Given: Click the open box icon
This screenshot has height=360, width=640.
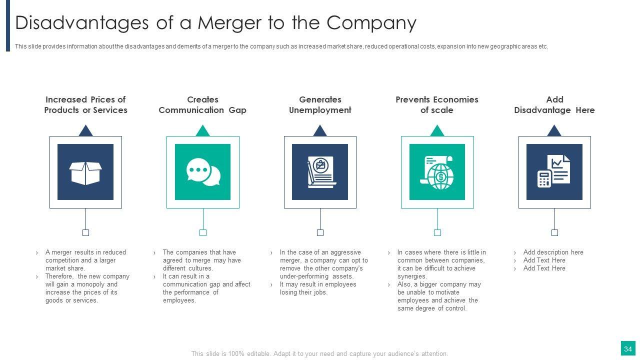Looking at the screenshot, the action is point(85,172).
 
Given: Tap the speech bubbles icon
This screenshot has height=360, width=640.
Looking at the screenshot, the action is point(203,172).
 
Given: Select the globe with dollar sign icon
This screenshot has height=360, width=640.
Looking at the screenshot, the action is point(437,172).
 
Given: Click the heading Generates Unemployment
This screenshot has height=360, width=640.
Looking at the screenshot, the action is point(320,104).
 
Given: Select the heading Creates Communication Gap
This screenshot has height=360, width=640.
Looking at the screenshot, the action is point(202,104).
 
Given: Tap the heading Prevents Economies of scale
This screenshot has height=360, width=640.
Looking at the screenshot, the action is point(437,104).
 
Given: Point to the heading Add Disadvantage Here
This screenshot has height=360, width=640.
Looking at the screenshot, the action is point(554,104).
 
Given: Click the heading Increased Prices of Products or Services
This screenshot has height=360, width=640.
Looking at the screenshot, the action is point(85,104).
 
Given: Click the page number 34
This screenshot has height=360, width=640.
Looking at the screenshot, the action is point(628,348).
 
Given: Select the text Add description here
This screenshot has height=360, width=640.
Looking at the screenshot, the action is point(553,252).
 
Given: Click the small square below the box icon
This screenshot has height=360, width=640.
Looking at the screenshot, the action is point(85,232).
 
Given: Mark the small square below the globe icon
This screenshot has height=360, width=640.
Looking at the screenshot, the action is point(437,232).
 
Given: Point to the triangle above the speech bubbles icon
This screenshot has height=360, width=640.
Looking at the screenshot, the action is point(202,131).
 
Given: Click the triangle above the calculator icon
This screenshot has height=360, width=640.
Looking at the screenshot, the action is point(554,131).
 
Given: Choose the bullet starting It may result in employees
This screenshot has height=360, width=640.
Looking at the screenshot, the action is point(317,288).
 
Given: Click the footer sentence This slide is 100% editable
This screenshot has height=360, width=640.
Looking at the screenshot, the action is point(319,353).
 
